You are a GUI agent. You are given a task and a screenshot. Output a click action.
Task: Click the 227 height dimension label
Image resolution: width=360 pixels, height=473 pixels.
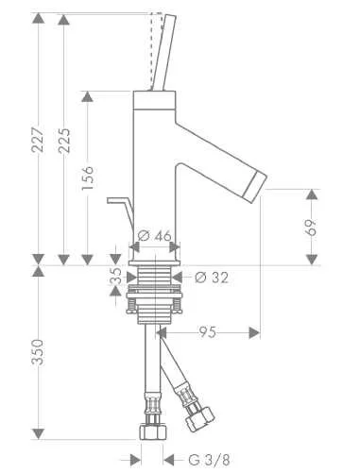tap(38, 140)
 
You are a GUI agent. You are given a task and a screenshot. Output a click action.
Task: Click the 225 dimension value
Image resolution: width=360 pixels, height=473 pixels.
tap(64, 141)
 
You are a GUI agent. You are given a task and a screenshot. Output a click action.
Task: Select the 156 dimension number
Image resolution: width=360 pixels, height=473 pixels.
tap(87, 177)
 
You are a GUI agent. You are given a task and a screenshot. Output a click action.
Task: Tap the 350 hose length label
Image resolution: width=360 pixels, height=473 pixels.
tap(38, 352)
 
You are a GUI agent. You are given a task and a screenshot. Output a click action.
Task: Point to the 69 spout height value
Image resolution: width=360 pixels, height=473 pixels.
tap(311, 228)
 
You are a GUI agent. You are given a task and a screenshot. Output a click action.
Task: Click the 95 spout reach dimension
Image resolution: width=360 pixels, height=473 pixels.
tap(208, 332)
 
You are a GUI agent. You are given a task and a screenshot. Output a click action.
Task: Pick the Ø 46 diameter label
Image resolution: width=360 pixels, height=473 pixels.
tap(154, 235)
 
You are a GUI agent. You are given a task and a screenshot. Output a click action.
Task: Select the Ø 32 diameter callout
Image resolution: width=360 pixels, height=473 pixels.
tap(212, 278)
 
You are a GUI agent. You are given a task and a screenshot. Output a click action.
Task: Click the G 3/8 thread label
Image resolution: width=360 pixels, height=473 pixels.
tap(209, 460)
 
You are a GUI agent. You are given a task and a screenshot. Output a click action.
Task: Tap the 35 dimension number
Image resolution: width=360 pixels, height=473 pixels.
tap(116, 276)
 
